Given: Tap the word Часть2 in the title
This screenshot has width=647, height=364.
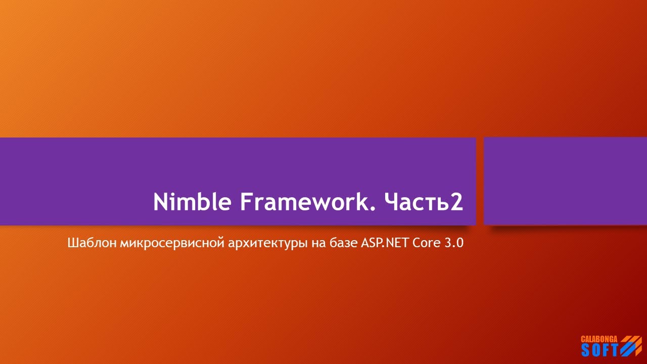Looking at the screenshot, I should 423,202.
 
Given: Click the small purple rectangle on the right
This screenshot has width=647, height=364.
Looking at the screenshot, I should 565,181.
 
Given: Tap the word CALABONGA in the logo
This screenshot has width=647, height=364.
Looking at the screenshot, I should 599,339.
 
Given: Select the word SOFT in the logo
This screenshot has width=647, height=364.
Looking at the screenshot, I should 599,349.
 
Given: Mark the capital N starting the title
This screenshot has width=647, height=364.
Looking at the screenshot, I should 161,202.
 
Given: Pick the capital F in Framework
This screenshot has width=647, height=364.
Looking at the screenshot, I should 246,202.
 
